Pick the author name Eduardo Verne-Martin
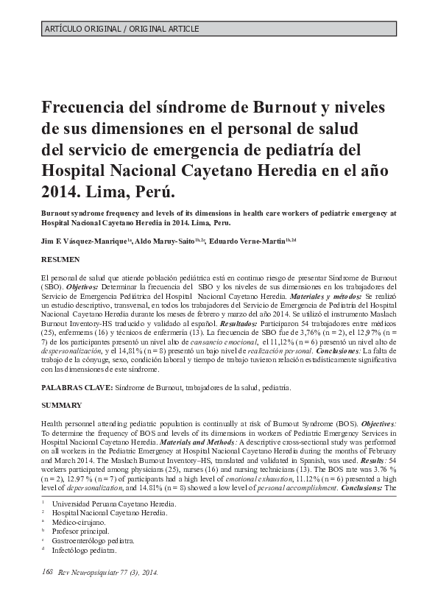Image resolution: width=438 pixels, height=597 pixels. (x=247, y=241)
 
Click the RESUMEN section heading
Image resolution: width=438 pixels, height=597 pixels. (x=62, y=261)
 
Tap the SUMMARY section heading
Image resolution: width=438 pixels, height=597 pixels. (x=62, y=406)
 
